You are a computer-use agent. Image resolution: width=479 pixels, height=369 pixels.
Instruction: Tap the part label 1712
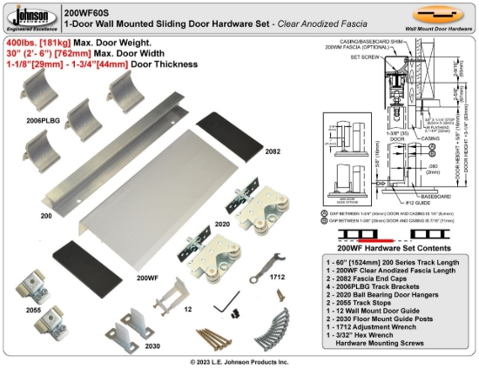pos(277,276)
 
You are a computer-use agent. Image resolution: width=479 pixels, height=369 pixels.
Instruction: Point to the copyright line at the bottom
pos(239,361)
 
